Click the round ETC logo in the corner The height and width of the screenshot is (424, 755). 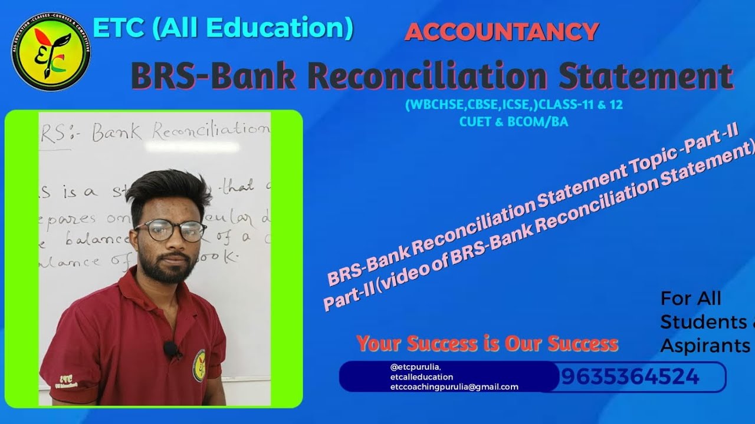pyautogui.click(x=51, y=51)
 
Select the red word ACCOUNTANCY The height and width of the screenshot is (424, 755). pyautogui.click(x=502, y=32)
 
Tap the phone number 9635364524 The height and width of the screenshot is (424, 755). pyautogui.click(x=630, y=377)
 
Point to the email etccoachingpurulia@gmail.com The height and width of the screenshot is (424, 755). pyautogui.click(x=454, y=387)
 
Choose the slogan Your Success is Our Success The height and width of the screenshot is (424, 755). pyautogui.click(x=487, y=343)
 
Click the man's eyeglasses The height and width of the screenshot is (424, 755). pyautogui.click(x=170, y=230)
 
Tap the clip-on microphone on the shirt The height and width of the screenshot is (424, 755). pyautogui.click(x=170, y=349)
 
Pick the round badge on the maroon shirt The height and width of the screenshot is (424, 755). pyautogui.click(x=199, y=365)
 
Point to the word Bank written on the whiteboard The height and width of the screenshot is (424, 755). pyautogui.click(x=117, y=132)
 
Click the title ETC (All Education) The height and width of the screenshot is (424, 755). pyautogui.click(x=223, y=28)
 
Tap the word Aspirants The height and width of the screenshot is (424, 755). pyautogui.click(x=705, y=346)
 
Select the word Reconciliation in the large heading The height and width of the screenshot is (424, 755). pyautogui.click(x=432, y=77)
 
